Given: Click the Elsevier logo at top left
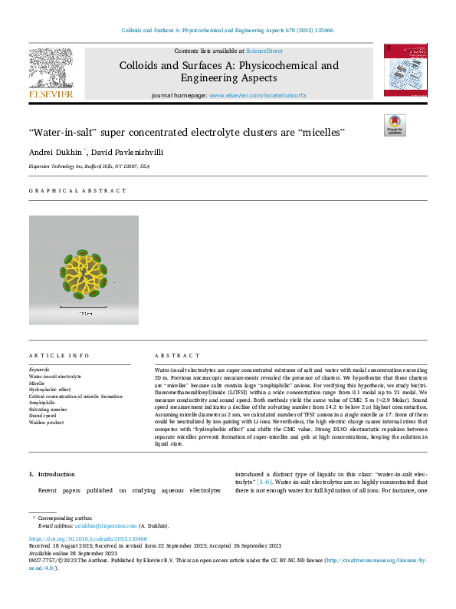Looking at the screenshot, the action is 51,73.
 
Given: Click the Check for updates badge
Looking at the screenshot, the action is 395,125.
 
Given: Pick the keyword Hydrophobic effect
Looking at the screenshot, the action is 51,388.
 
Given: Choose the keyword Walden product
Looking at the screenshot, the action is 46,423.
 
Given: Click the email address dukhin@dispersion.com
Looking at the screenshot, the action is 98,525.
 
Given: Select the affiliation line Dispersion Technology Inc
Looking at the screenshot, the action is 90,166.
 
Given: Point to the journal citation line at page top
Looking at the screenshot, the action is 228,31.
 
